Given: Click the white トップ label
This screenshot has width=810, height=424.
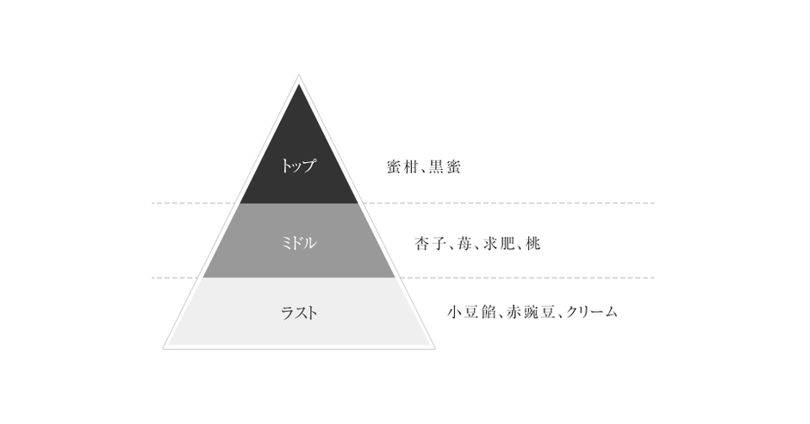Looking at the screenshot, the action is (x=298, y=165).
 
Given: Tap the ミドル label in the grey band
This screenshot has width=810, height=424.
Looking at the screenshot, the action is (x=299, y=243).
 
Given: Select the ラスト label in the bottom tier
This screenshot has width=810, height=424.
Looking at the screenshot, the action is (x=299, y=313).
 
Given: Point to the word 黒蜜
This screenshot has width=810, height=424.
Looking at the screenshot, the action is (x=445, y=167).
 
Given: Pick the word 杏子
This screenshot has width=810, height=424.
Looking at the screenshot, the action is (x=430, y=243).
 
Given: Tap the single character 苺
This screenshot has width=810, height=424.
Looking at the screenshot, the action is (x=464, y=243).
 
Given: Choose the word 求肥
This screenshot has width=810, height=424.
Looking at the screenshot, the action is (x=498, y=243).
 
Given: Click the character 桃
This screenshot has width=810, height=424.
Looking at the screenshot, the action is (x=533, y=243).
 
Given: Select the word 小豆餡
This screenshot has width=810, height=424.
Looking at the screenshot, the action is (x=471, y=312).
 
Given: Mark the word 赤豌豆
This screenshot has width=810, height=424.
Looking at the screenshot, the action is (x=531, y=312).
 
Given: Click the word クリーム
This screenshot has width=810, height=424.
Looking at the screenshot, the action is (x=592, y=312).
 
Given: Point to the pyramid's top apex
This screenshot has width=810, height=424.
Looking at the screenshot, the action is (x=299, y=75).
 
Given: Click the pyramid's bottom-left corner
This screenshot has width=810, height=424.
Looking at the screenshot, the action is (x=163, y=349).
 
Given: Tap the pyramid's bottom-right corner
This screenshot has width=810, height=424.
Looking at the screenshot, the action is (x=434, y=349).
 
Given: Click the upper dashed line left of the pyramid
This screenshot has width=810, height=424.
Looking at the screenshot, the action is (x=194, y=203).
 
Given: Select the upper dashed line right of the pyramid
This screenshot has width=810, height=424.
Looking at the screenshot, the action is (x=508, y=203).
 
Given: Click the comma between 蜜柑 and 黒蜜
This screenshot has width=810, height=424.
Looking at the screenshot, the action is (x=422, y=171).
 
